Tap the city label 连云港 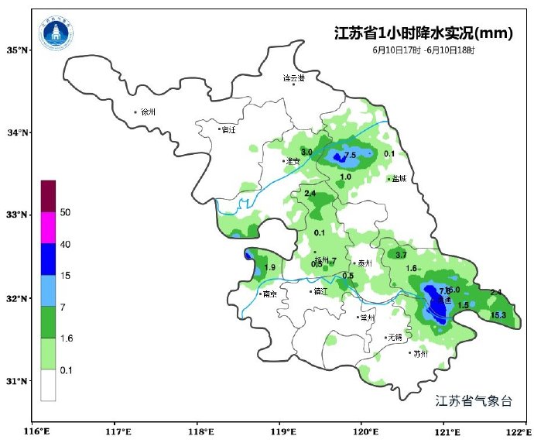(293, 78)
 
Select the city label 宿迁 (228, 129)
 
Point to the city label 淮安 (293, 161)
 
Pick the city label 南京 (269, 294)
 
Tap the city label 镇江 (320, 291)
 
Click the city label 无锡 (395, 337)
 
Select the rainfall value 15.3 (498, 315)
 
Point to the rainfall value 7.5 (350, 155)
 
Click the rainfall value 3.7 (401, 255)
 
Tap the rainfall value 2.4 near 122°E (496, 292)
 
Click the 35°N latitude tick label (18, 50)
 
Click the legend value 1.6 (66, 338)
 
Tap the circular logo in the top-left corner (56, 33)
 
